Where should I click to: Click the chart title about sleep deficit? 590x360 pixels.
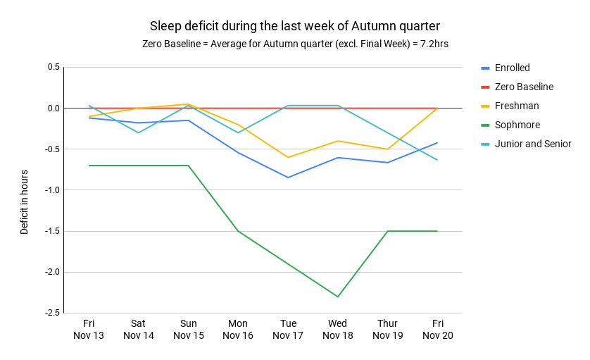[294, 26]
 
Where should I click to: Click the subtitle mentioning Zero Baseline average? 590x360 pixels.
[294, 44]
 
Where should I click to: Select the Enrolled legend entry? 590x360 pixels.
[512, 68]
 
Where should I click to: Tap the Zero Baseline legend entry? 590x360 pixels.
[523, 87]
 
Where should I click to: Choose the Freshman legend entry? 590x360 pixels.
[516, 106]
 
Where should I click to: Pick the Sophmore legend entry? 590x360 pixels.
[517, 125]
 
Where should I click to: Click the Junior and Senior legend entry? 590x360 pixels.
[532, 144]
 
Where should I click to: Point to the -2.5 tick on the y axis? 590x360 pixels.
[51, 313]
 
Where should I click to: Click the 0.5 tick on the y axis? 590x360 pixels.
[54, 68]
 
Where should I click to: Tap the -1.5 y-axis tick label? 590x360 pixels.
[51, 231]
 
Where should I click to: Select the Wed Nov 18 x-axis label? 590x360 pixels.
[337, 330]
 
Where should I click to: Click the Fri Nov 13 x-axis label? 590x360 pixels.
[89, 330]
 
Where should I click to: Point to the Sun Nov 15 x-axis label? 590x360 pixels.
[188, 330]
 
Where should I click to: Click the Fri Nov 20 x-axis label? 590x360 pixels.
[437, 330]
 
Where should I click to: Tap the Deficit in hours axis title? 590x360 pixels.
[25, 201]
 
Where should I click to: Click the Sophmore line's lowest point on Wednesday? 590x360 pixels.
[337, 297]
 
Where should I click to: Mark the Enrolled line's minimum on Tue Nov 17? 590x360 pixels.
[288, 178]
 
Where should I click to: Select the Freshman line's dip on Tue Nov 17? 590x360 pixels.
[288, 157]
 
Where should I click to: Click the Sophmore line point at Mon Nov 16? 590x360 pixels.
[238, 231]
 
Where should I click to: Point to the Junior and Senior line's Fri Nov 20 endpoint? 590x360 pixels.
[437, 160]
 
